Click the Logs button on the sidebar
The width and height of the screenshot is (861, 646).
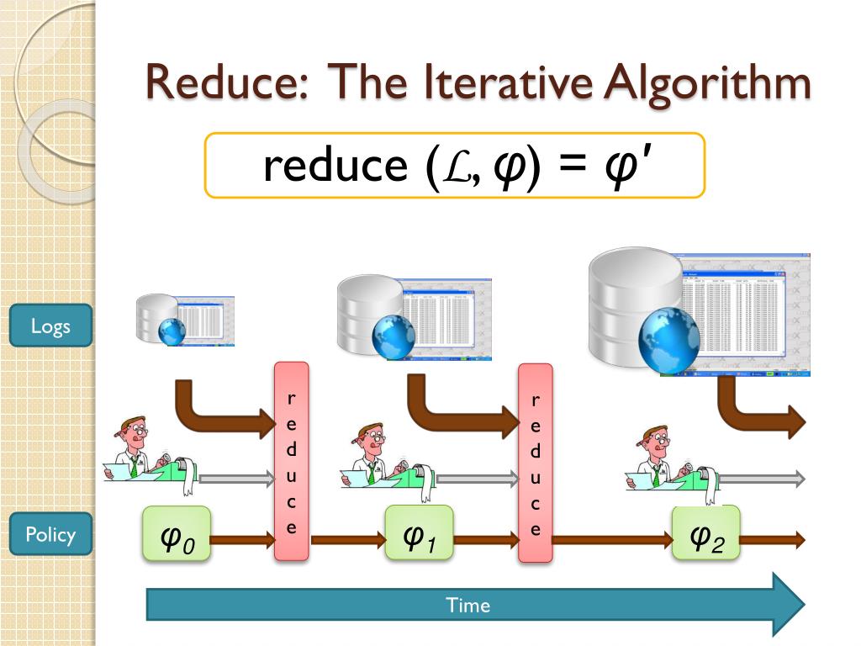(50, 326)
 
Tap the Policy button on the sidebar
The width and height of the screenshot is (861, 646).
(50, 534)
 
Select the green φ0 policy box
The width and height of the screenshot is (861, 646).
(176, 535)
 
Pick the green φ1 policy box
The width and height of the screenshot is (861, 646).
(419, 533)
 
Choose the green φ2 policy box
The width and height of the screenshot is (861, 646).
(705, 533)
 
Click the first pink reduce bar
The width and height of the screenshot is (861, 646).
(292, 461)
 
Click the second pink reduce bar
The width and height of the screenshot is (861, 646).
(536, 463)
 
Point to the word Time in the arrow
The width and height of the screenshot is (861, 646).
(467, 605)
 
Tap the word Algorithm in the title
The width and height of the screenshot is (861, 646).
(720, 83)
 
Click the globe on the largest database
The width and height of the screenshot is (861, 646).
(669, 339)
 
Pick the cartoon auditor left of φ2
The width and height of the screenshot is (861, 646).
(655, 458)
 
